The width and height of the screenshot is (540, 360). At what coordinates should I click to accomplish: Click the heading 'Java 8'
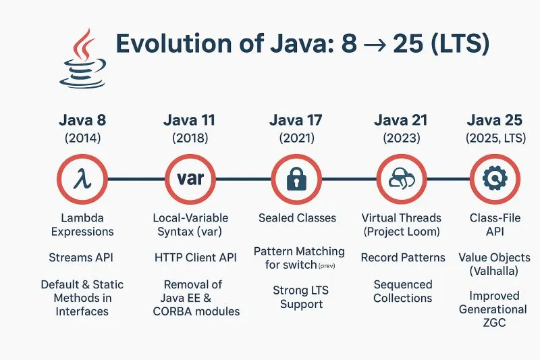click(82, 121)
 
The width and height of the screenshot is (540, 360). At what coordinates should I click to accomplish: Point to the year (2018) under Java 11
click(189, 138)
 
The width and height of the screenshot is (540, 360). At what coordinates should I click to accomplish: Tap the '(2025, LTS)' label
click(495, 138)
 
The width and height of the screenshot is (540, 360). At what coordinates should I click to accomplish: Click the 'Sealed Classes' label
click(297, 218)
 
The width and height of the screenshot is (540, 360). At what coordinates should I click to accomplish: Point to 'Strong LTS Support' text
click(298, 297)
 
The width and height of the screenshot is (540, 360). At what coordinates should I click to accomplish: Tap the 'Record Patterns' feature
click(403, 257)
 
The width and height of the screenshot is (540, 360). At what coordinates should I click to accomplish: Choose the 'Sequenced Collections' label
click(403, 290)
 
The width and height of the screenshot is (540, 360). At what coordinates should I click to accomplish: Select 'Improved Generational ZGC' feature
click(493, 309)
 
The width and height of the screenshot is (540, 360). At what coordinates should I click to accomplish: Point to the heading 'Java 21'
click(401, 121)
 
